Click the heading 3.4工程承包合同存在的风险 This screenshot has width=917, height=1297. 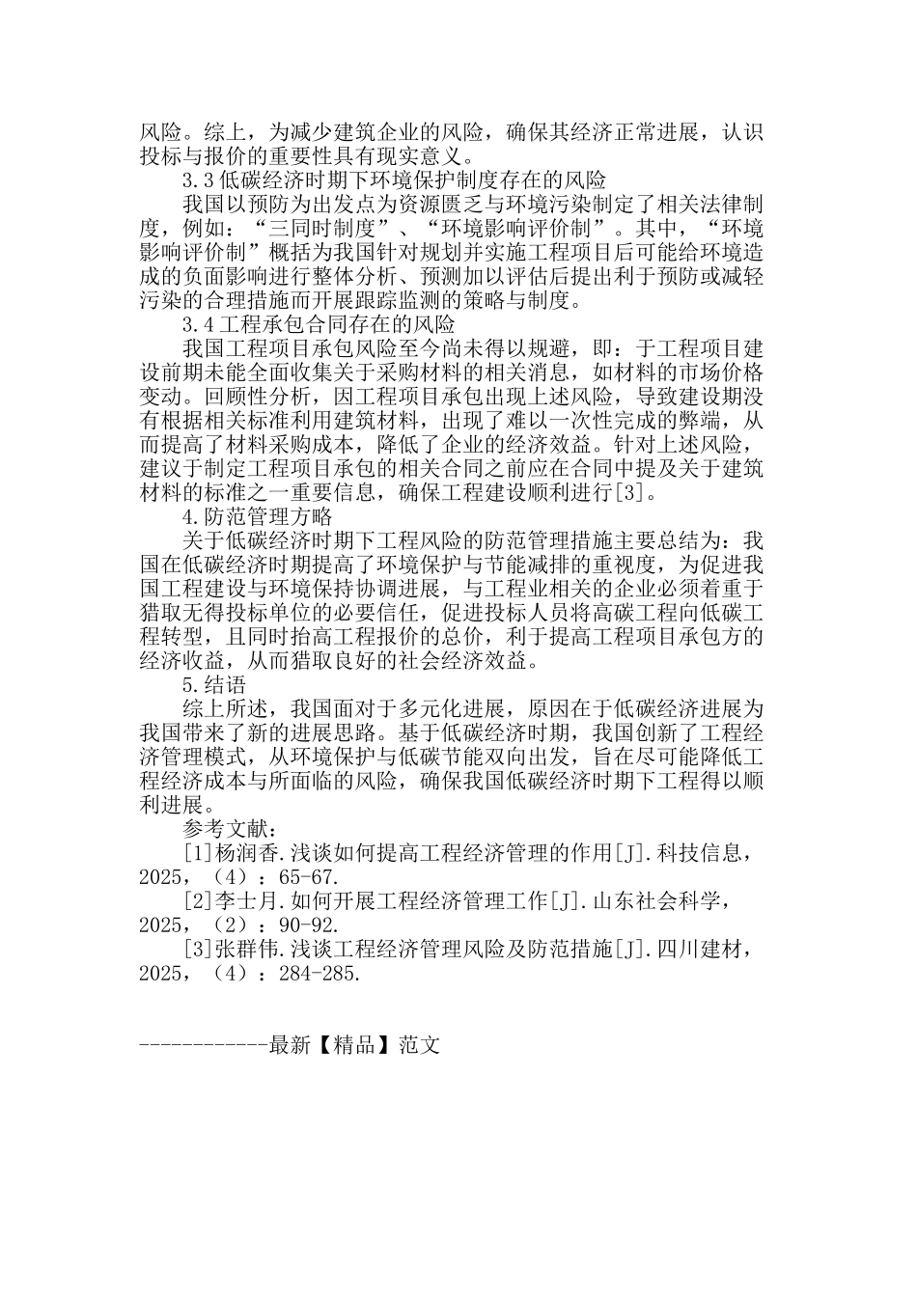319,324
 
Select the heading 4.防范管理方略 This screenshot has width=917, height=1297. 257,517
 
